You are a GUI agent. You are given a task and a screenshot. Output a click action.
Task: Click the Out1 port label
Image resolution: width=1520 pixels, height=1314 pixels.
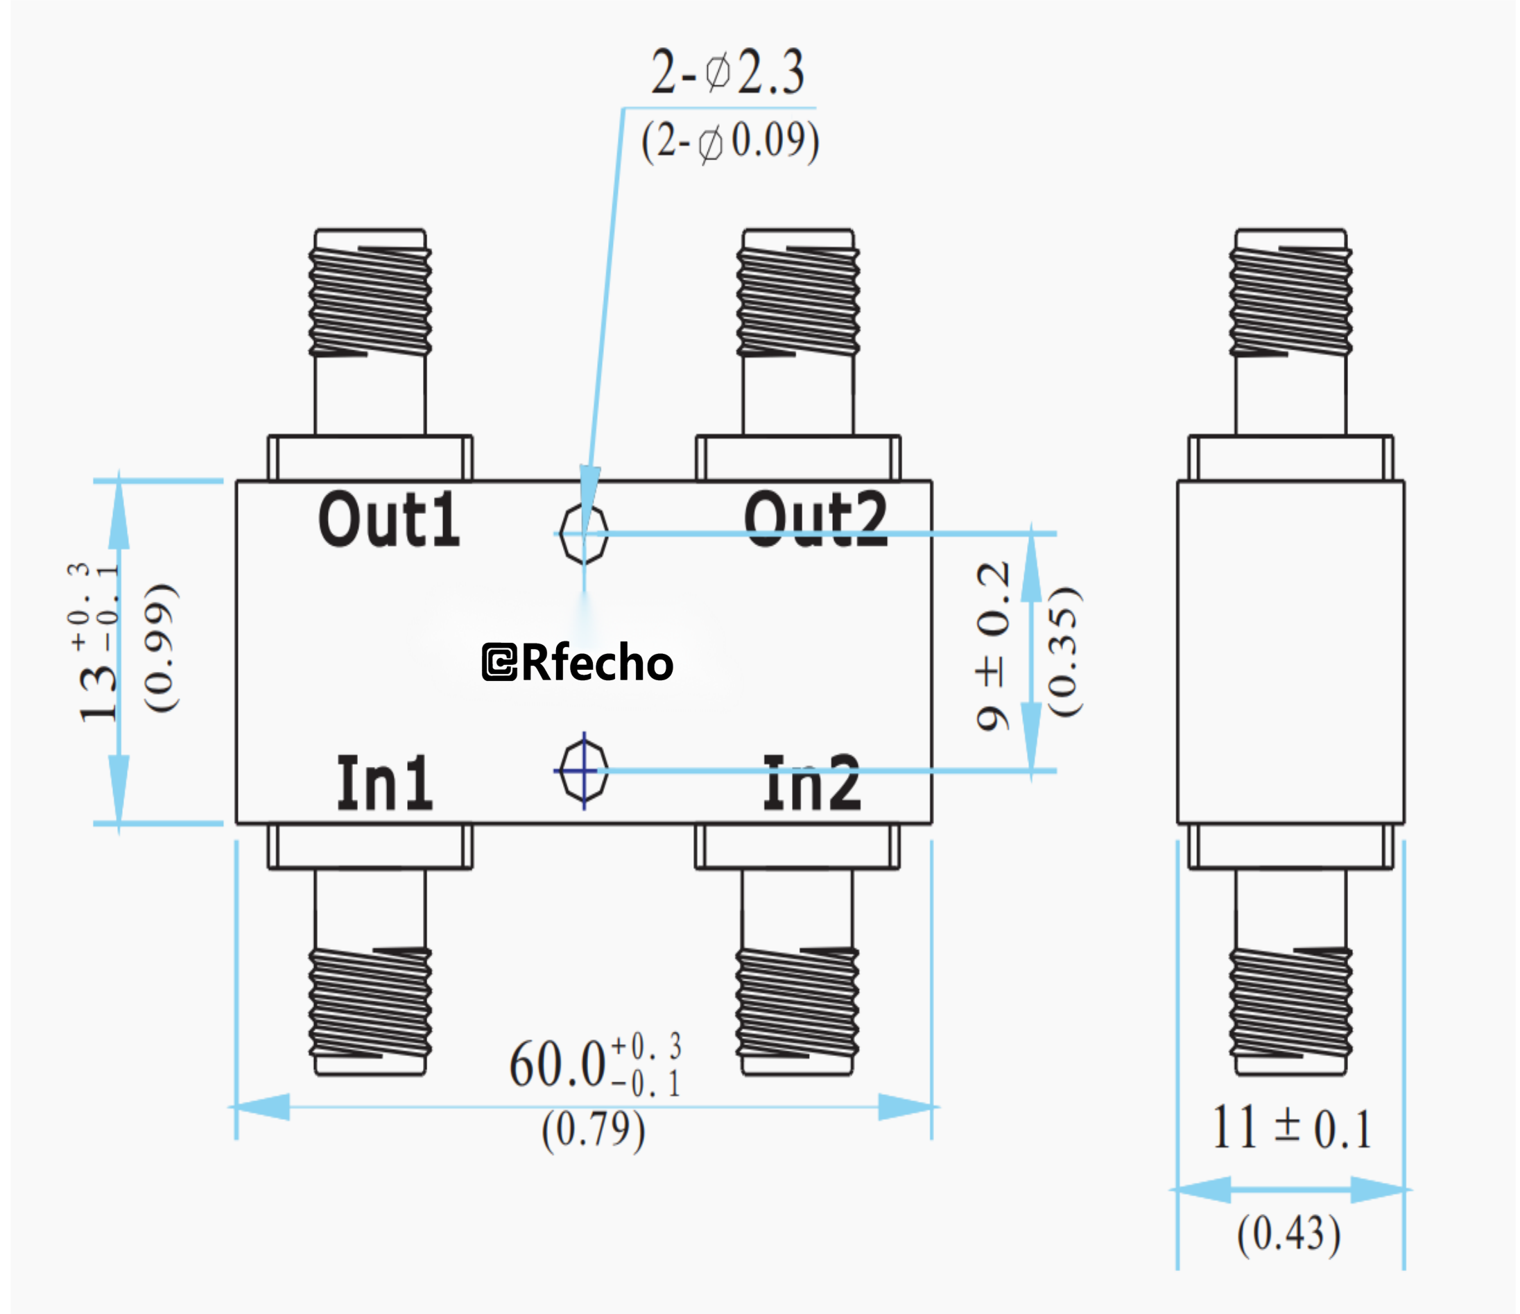pos(389,520)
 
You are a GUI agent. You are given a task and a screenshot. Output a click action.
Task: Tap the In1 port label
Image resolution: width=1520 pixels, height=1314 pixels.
pos(384,783)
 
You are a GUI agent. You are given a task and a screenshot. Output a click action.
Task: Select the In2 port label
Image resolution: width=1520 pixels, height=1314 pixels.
pos(811,783)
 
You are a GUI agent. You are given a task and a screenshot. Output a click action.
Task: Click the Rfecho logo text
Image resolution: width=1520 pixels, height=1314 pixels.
pos(578,662)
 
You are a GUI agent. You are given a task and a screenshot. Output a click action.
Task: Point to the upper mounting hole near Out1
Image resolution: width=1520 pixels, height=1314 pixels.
pos(583,533)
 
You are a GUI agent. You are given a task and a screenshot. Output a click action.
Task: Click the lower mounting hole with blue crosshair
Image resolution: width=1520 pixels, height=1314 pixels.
pos(583,770)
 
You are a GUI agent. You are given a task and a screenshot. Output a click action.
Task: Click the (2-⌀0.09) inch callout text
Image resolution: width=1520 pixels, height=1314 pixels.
pos(730,141)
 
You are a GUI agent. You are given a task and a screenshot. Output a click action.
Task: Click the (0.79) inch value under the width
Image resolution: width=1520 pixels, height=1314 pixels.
pos(594,1129)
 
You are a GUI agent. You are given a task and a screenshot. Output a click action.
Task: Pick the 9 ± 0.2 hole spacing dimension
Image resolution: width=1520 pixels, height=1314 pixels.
pos(993,646)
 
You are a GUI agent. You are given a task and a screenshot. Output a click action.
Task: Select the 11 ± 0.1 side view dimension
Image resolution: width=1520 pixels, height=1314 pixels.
pos(1291,1127)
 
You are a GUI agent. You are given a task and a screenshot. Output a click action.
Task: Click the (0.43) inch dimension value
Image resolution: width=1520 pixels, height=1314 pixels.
pos(1289,1234)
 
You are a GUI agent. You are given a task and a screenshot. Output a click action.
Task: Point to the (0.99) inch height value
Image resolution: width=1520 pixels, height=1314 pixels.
pos(160,647)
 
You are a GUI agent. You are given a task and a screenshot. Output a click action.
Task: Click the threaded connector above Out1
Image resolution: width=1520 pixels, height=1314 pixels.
pos(370,301)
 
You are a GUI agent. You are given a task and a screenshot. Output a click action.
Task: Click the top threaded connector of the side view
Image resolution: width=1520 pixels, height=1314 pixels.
pos(1290,301)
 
